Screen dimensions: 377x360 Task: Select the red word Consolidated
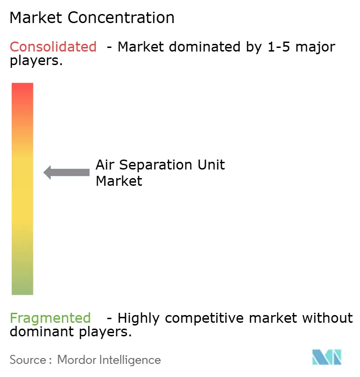pyautogui.click(x=53, y=47)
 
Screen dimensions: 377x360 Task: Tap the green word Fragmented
pyautogui.click(x=50, y=318)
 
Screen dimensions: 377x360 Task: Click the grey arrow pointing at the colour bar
pyautogui.click(x=66, y=172)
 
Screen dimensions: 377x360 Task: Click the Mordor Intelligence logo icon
pyautogui.click(x=327, y=357)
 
